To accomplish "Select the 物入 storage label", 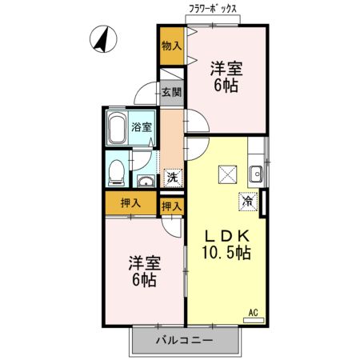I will tap(170, 46).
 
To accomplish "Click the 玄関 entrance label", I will tap(170, 92).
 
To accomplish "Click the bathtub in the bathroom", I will tap(118, 128).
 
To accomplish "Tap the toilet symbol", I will tap(117, 170).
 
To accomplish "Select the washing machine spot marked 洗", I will tap(172, 178).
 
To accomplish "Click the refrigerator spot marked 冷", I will tap(248, 202).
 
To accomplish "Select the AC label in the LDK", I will tap(253, 313).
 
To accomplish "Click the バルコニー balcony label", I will tap(185, 340).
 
